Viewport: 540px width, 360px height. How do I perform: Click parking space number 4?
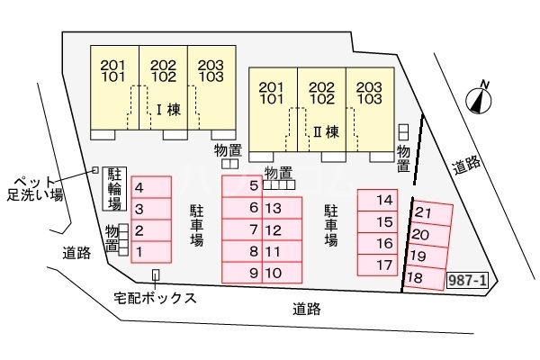click(x=150, y=187)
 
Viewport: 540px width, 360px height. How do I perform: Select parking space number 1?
click(x=150, y=251)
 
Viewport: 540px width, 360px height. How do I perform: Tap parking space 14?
click(x=384, y=200)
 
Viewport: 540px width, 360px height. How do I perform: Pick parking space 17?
click(x=384, y=265)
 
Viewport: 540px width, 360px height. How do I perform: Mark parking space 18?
click(x=423, y=278)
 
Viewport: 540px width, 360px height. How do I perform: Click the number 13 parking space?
click(x=275, y=208)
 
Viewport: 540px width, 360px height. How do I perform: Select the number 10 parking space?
click(x=275, y=273)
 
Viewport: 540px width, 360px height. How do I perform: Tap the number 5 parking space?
click(x=244, y=186)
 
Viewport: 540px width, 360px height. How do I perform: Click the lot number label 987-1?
click(x=467, y=281)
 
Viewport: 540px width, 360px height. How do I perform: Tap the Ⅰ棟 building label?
click(x=168, y=112)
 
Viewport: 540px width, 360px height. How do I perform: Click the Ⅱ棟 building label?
click(x=326, y=130)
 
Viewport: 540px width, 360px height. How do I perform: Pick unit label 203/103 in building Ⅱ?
click(x=370, y=93)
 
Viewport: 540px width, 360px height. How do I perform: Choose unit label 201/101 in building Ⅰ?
click(x=113, y=71)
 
